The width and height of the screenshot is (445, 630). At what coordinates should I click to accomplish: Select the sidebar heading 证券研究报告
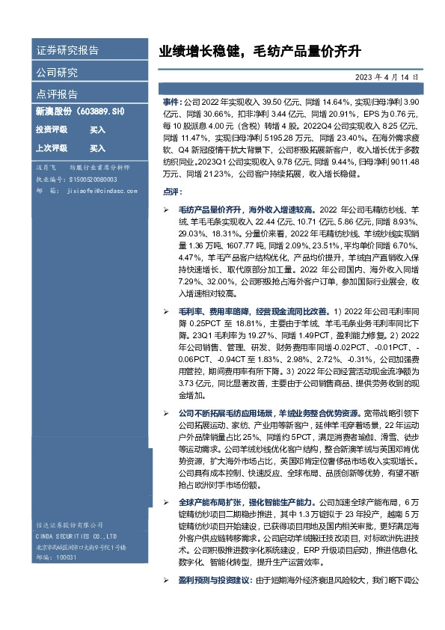click(x=67, y=51)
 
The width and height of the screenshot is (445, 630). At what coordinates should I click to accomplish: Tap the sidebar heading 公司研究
click(x=57, y=73)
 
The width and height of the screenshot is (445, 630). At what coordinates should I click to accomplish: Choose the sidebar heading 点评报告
click(x=57, y=94)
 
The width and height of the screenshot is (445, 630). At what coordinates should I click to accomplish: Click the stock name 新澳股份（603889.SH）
click(x=79, y=111)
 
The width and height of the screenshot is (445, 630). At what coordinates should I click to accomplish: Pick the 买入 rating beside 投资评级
click(x=97, y=129)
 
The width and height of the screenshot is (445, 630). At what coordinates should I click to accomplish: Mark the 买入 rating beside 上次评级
click(x=97, y=148)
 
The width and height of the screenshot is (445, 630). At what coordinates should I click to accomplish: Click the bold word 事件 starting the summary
click(x=171, y=100)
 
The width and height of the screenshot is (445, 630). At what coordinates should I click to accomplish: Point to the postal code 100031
click(x=67, y=557)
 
